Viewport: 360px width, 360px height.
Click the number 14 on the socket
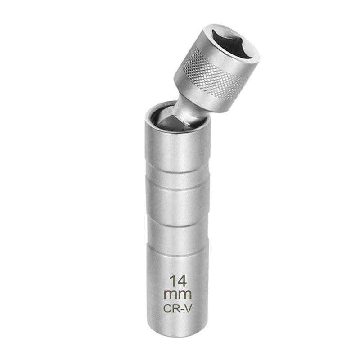(x=178, y=282)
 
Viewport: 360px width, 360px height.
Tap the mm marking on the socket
(x=178, y=295)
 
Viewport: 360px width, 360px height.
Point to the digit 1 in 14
(x=172, y=282)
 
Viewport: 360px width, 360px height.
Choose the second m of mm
(x=184, y=295)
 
